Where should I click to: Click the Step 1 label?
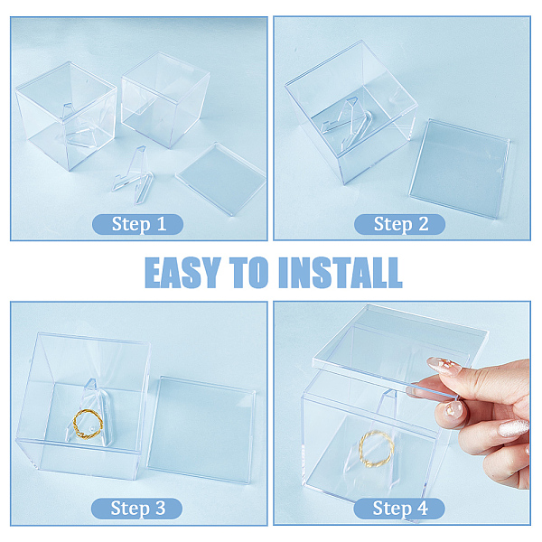click(x=137, y=224)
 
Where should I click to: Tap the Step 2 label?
click(x=399, y=224)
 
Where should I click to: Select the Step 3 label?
click(x=137, y=509)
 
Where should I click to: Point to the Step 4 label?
click(x=399, y=509)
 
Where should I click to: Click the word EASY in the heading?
click(x=182, y=273)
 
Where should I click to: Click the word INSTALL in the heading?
click(x=341, y=273)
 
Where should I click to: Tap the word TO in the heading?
click(x=249, y=273)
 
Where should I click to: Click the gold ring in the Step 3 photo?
click(x=88, y=424)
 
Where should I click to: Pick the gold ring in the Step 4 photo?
click(x=377, y=449)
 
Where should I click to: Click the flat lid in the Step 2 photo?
click(x=460, y=169)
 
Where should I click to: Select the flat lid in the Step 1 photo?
click(x=221, y=178)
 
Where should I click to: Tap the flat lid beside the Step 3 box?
click(x=201, y=430)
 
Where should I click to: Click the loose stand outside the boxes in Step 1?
click(x=134, y=175)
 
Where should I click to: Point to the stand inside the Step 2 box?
click(x=348, y=121)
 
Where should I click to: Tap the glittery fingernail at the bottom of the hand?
click(x=514, y=428)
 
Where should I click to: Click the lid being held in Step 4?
click(x=401, y=349)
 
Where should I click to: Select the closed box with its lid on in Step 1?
click(x=165, y=99)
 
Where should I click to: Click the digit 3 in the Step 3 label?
click(x=160, y=509)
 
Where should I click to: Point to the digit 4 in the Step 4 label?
click(x=423, y=509)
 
